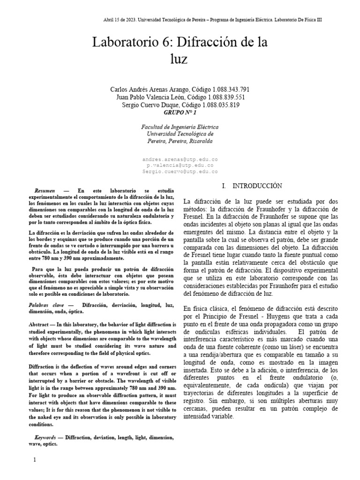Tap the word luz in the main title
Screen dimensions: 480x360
180,60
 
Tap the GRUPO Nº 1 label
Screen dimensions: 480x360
180,113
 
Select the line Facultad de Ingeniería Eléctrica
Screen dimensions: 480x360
180,127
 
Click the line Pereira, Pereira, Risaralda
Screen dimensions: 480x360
180,141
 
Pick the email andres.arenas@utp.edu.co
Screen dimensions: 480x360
180,159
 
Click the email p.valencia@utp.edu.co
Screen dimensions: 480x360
180,165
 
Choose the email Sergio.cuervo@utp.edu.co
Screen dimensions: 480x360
180,172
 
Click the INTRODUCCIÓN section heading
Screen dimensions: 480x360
255,186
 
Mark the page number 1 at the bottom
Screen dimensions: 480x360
35,459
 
